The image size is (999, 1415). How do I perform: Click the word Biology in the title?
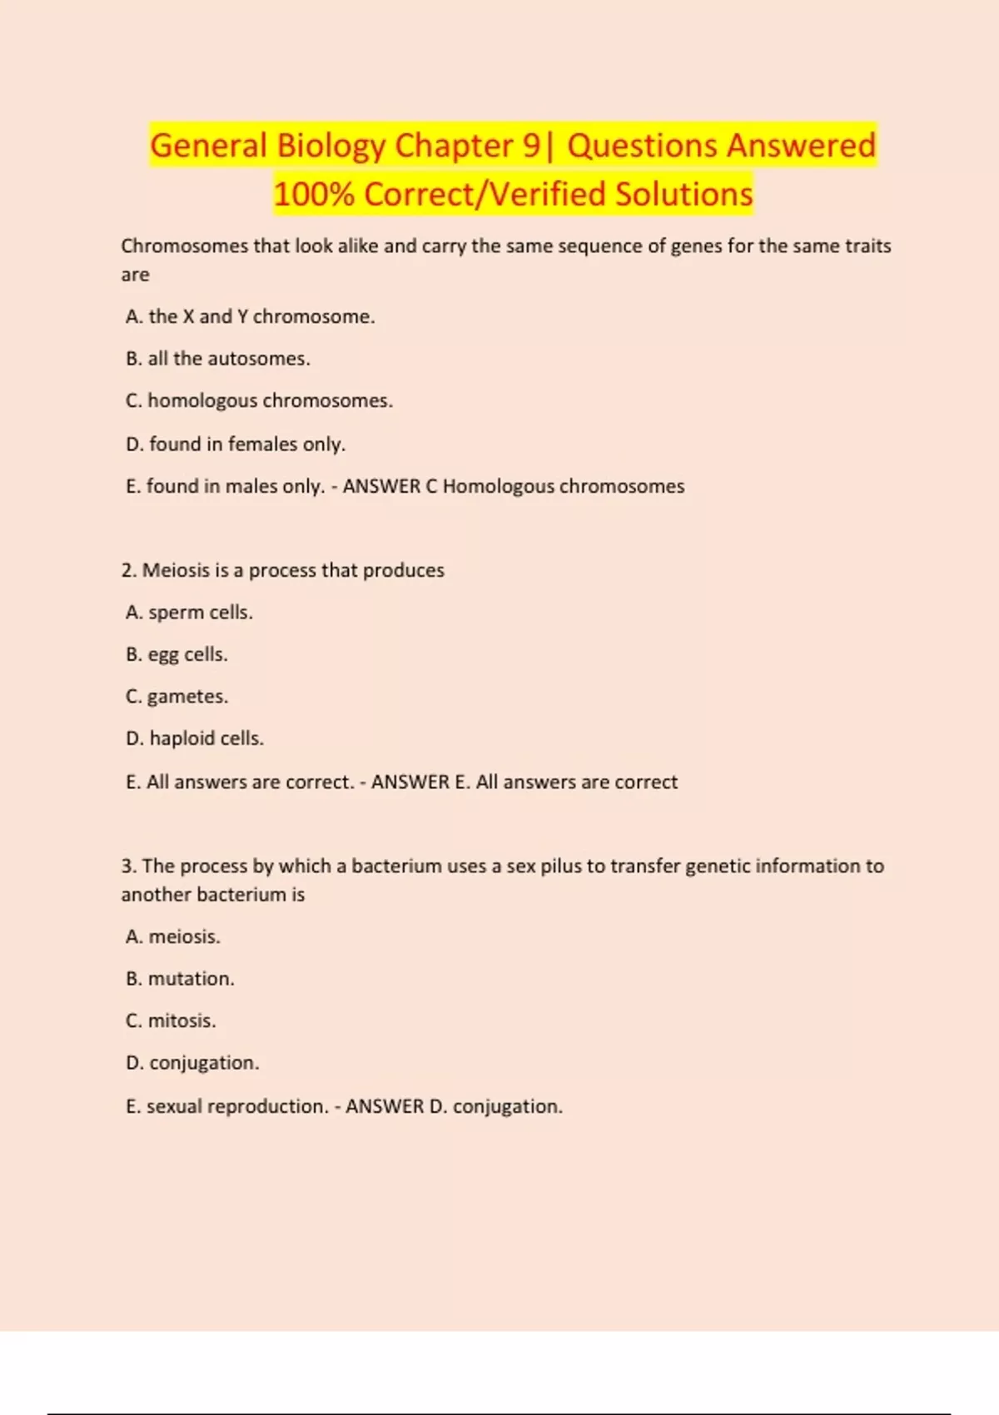click(331, 146)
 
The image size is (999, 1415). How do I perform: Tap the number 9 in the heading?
click(531, 146)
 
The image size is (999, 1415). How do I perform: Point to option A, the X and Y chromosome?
click(250, 316)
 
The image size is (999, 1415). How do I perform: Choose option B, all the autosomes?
click(218, 359)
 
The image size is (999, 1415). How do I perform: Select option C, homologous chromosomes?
click(259, 401)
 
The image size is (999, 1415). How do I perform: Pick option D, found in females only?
click(236, 444)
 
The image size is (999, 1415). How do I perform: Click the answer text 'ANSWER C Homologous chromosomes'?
click(514, 486)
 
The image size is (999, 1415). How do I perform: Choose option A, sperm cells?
click(189, 613)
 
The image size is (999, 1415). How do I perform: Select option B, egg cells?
click(176, 655)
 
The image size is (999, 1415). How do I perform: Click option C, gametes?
click(176, 697)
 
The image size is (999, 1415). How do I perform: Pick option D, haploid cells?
click(195, 738)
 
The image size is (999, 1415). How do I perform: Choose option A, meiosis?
click(173, 937)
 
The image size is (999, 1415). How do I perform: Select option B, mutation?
click(180, 979)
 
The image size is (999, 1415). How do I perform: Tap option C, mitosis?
click(171, 1021)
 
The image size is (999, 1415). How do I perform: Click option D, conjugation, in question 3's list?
click(192, 1063)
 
